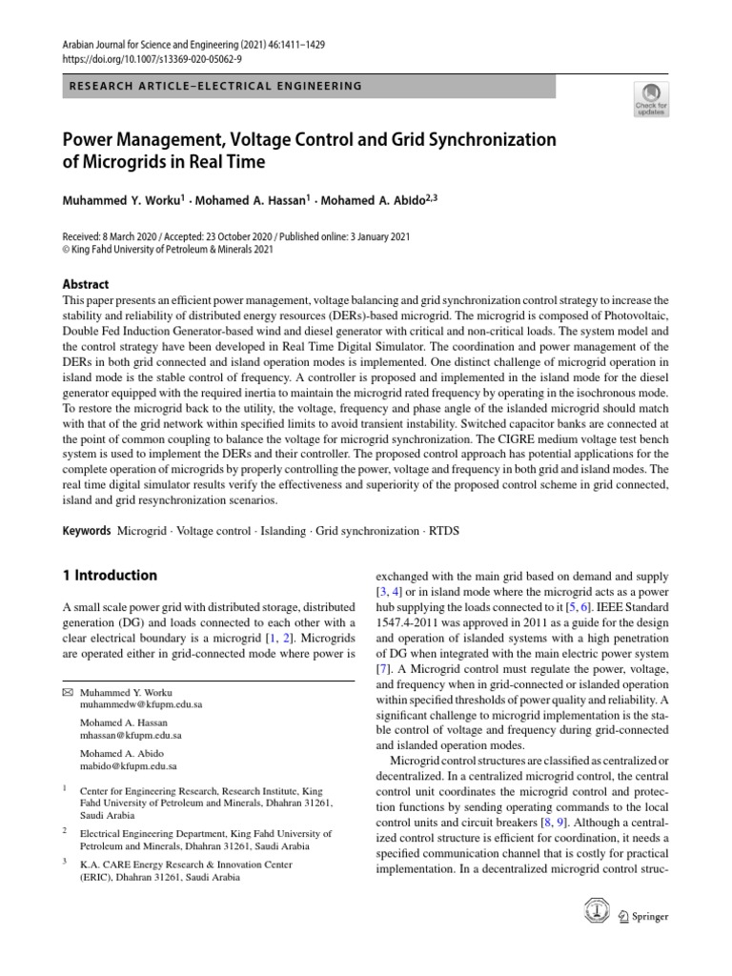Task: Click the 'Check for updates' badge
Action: pos(651,97)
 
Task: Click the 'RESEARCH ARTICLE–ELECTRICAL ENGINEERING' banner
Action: pos(215,86)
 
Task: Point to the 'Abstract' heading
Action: pos(85,284)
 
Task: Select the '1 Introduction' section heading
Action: pos(110,576)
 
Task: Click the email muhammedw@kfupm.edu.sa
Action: pos(141,705)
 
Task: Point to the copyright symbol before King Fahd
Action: pos(66,250)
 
